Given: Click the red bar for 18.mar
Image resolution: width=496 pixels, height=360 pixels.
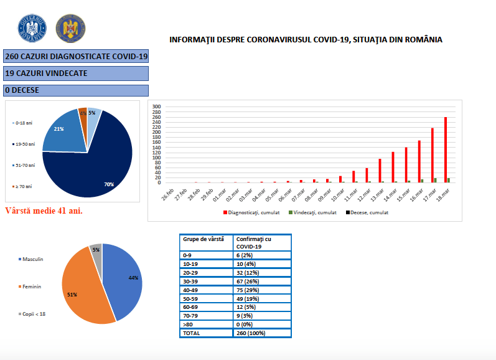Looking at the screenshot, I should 446,149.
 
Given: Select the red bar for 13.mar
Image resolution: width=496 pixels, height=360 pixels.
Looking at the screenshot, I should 380,170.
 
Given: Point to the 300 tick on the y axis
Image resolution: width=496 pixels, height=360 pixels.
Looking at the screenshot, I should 157,107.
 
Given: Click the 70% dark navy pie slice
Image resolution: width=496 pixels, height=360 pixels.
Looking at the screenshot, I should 93,168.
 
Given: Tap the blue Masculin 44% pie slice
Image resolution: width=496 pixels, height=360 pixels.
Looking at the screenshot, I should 124,280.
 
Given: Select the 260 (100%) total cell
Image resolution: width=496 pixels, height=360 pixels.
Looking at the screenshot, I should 261,333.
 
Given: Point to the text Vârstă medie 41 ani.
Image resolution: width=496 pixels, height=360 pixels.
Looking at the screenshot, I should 44,211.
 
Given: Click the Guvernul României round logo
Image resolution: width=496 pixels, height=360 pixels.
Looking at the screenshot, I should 31,27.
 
